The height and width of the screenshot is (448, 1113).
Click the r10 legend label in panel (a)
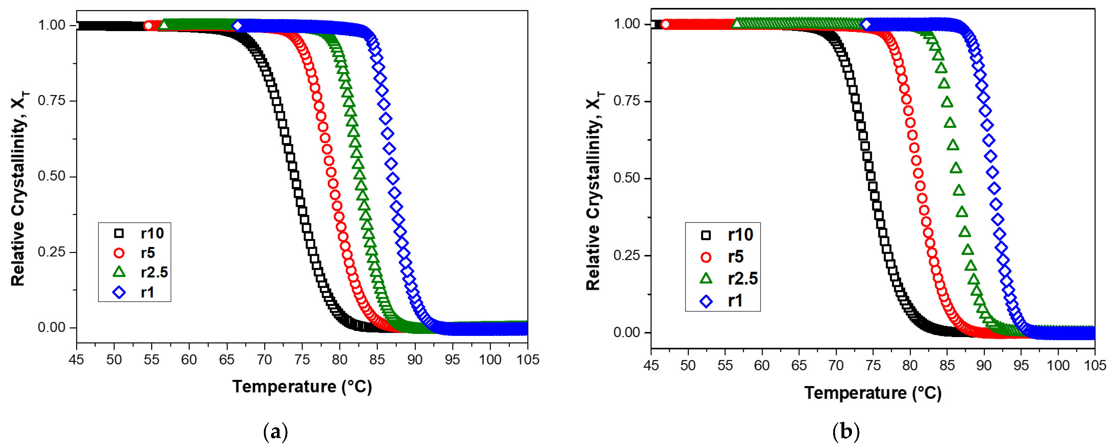point(152,233)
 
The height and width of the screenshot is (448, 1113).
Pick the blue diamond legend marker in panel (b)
point(706,301)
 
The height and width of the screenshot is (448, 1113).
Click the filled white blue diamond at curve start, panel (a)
point(237,25)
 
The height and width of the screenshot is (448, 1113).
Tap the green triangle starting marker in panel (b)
point(737,24)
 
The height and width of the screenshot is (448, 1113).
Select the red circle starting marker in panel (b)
point(665,24)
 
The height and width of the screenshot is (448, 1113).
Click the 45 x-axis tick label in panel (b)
point(651,366)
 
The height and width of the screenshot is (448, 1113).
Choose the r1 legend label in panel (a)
point(147,293)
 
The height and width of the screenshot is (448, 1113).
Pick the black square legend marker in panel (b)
point(706,235)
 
